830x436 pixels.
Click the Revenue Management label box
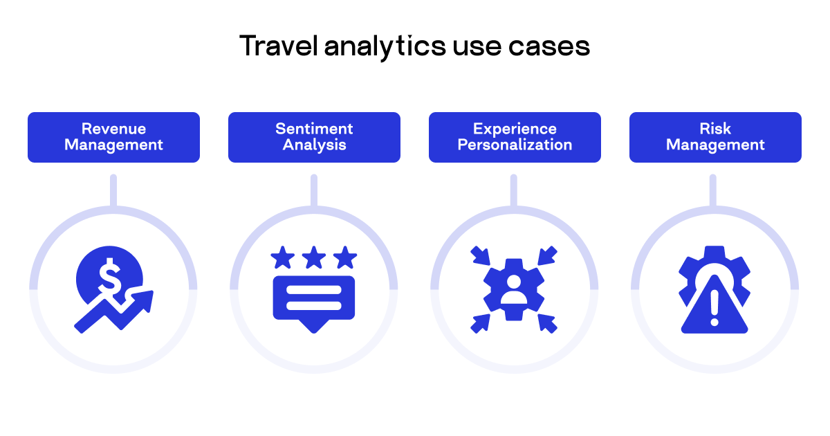coord(113,137)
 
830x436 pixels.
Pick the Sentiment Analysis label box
coord(314,137)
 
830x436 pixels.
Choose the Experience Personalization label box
coord(515,137)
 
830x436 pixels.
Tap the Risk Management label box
coord(715,137)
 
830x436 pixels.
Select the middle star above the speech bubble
coord(314,259)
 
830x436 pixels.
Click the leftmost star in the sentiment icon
coord(282,259)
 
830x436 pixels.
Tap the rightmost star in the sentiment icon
coord(345,259)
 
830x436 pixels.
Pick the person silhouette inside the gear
coord(514,289)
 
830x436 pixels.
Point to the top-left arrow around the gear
coord(479,256)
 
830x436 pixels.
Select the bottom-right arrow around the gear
coord(547,323)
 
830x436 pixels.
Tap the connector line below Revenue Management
coord(113,191)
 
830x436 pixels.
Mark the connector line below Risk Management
coord(713,191)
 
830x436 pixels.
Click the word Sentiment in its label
coord(314,129)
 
